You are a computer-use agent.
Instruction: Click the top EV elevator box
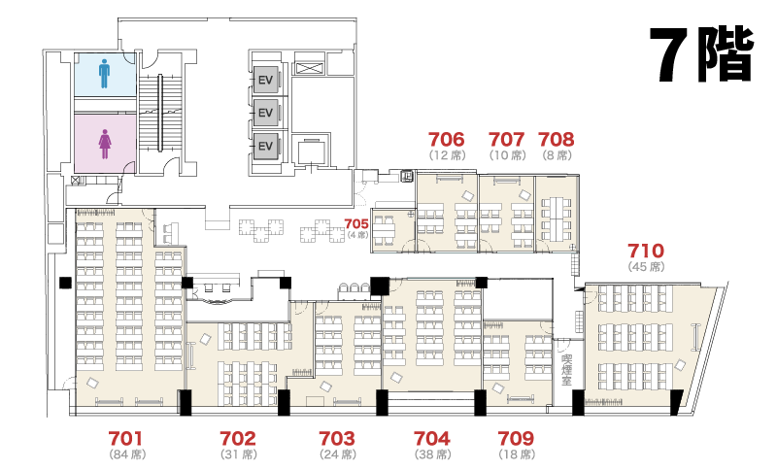click(265, 80)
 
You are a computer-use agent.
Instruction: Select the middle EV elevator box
click(265, 113)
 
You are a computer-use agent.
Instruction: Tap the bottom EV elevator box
click(265, 146)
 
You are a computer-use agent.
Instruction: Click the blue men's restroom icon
click(104, 74)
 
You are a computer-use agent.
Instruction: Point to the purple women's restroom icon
click(105, 144)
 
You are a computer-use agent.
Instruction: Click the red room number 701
click(126, 438)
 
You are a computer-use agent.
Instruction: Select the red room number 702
click(238, 438)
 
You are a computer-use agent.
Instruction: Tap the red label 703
click(337, 438)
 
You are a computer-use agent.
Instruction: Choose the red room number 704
click(432, 438)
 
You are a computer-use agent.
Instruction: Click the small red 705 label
click(356, 224)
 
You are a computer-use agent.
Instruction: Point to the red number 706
click(447, 139)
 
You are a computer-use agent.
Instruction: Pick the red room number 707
click(506, 139)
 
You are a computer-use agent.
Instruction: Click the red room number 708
click(556, 139)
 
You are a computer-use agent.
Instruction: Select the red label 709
click(516, 438)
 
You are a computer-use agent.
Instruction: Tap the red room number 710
click(646, 251)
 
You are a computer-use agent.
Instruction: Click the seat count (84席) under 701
click(127, 454)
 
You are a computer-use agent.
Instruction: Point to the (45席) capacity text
click(646, 266)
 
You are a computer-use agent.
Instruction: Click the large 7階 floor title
click(703, 53)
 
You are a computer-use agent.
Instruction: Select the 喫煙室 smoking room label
click(566, 370)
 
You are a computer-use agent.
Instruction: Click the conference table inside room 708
click(557, 219)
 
